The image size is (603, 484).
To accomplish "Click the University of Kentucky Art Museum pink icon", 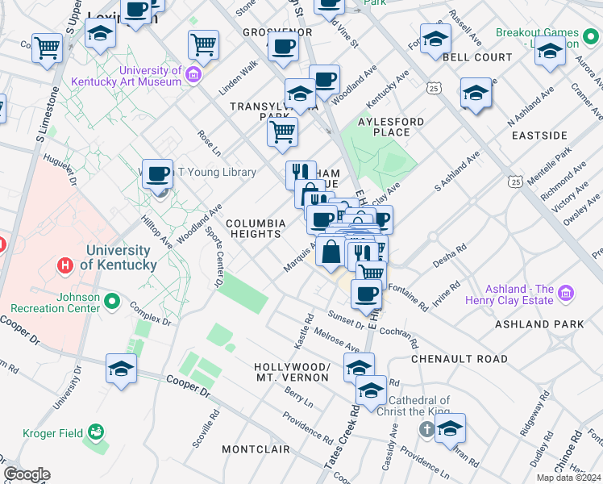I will point(193,76).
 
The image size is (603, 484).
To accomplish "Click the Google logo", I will point(27,474).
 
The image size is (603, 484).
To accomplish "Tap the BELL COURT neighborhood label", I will point(477,58).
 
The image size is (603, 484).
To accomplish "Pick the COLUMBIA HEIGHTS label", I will point(256,228).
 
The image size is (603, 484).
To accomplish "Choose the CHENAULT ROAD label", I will point(460,358).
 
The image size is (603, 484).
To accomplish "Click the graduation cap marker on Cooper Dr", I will point(121,369).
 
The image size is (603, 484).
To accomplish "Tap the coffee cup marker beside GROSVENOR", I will point(283,48).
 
